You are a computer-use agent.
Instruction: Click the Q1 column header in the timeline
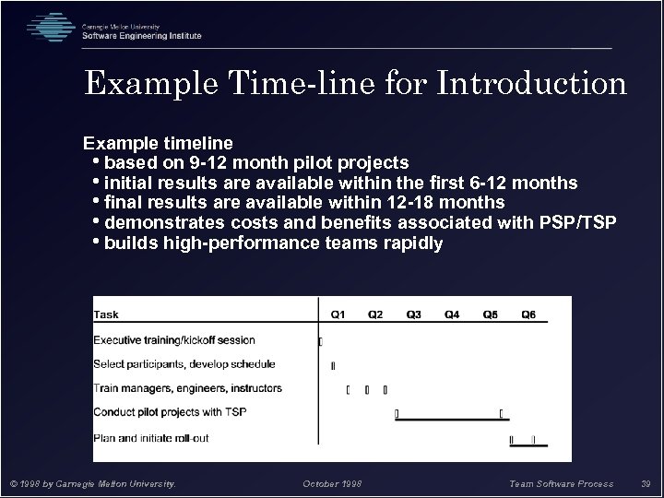pyautogui.click(x=338, y=315)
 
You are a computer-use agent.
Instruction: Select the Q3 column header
pyautogui.click(x=414, y=315)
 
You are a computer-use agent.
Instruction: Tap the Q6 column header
pyautogui.click(x=528, y=315)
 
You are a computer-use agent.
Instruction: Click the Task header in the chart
pyautogui.click(x=106, y=315)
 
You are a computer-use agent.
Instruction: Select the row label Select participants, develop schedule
pyautogui.click(x=182, y=364)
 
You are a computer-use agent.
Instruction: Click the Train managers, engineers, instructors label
pyautogui.click(x=187, y=388)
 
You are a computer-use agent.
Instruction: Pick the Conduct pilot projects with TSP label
pyautogui.click(x=170, y=412)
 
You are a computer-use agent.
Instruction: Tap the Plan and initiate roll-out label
pyautogui.click(x=150, y=436)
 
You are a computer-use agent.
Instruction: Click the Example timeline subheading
pyautogui.click(x=158, y=144)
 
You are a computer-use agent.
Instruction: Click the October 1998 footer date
pyautogui.click(x=331, y=483)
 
